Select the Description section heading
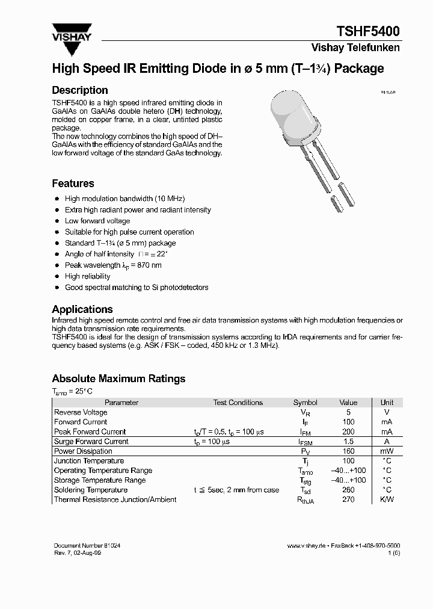coord(80,90)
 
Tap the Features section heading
coord(73,184)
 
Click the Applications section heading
coord(82,309)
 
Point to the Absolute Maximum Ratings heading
coord(118,379)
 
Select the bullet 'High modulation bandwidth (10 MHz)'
coord(124,199)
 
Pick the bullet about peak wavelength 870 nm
coord(113,265)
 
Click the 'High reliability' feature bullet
coord(87,276)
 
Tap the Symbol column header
coord(305,403)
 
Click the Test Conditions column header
coord(238,403)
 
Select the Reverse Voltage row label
coord(81,412)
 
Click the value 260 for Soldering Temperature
coord(348,490)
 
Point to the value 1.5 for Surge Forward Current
coord(348,441)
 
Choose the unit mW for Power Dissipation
coord(387,451)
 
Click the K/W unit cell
coord(387,499)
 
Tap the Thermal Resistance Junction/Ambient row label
coord(115,499)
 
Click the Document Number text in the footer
coord(82,545)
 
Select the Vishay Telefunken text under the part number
coord(355,48)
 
